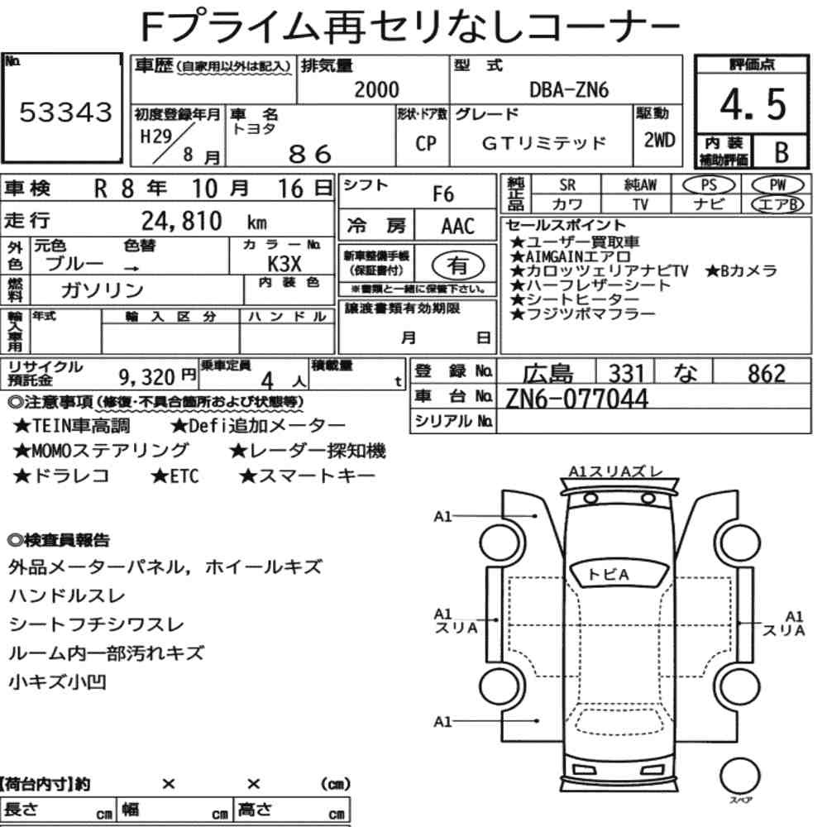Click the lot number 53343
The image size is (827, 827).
[x=66, y=112]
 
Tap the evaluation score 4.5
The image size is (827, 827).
[x=753, y=104]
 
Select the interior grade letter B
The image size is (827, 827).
[x=782, y=152]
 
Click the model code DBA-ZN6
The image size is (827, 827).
[x=569, y=90]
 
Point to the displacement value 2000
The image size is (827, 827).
[x=376, y=89]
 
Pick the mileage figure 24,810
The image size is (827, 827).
[x=181, y=221]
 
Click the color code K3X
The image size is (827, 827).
[x=284, y=263]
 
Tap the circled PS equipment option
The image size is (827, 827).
[x=709, y=185]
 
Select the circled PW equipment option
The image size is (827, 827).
[x=777, y=184]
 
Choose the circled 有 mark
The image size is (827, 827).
[x=457, y=265]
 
